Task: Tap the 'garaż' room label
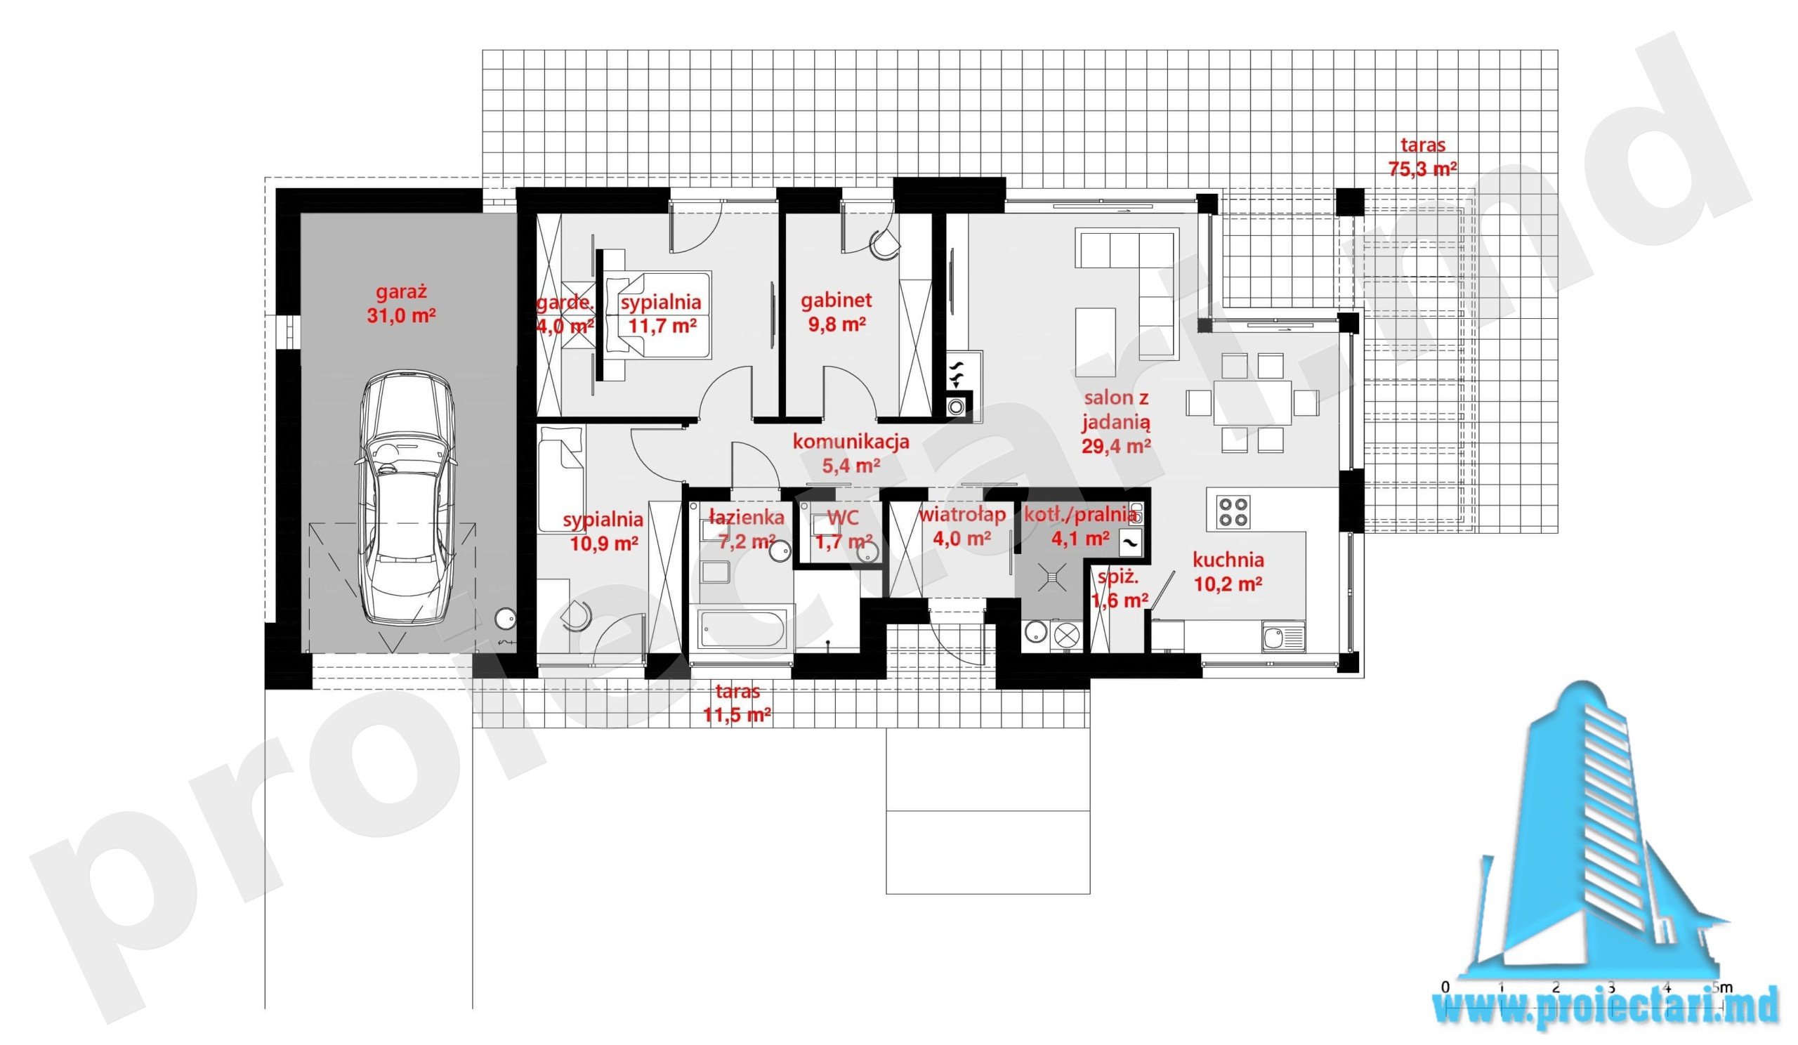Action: coord(401,291)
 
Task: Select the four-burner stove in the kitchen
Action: coord(1233,511)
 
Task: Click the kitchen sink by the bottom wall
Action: coord(1283,636)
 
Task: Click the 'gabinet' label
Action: coord(836,301)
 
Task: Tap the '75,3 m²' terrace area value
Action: coord(1422,169)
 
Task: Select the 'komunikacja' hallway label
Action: coord(851,442)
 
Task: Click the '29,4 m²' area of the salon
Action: coord(1116,447)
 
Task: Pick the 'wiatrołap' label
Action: coord(962,514)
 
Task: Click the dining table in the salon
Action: coord(1252,403)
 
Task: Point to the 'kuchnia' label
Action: coord(1228,560)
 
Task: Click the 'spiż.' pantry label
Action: coord(1117,577)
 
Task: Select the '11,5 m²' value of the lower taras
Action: coord(737,715)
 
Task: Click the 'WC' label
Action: coord(843,517)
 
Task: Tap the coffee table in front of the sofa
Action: coord(1095,342)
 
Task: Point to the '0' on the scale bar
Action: coord(1445,987)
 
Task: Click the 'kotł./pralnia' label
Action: coord(1080,514)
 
